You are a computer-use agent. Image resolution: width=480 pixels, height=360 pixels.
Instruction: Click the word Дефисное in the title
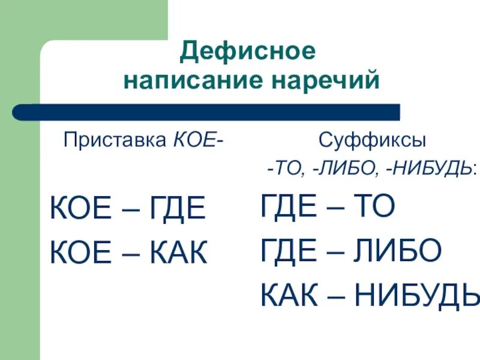247,52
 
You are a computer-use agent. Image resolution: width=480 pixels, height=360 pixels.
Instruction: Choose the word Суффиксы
373,142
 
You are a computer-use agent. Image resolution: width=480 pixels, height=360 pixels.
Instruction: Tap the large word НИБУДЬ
417,295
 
